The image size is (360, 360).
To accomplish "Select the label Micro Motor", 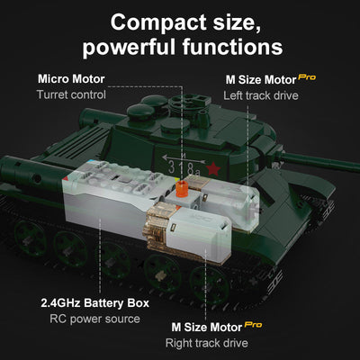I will [71, 79].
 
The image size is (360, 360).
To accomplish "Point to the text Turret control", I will [71, 94].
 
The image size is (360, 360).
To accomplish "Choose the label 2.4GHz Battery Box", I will [90, 302].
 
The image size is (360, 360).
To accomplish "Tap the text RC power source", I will [90, 318].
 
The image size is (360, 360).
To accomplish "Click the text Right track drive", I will [207, 342].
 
